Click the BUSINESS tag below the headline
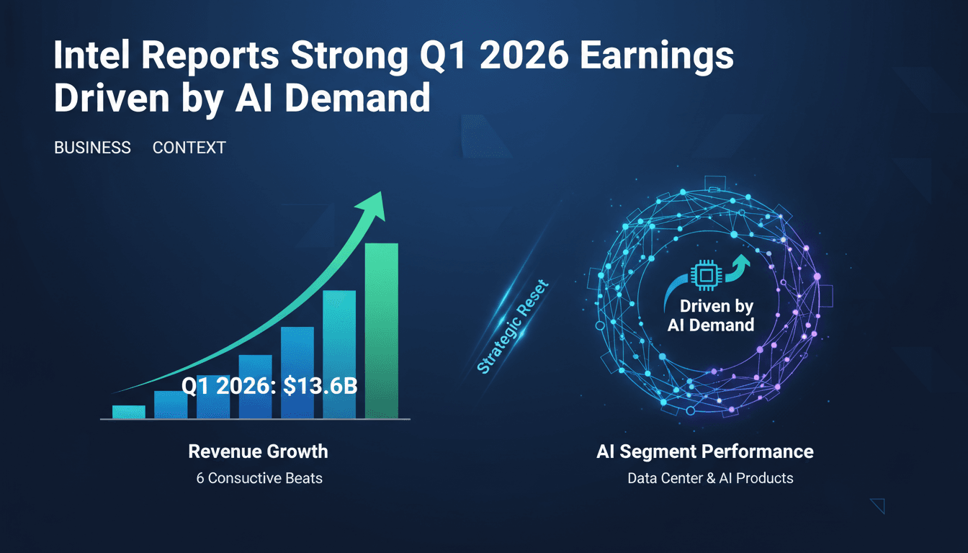tap(92, 148)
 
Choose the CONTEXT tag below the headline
tap(189, 148)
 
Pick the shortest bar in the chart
tap(129, 411)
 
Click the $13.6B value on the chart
tap(320, 386)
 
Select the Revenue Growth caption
tap(258, 451)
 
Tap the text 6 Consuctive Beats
tap(259, 477)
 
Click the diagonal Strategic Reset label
tap(513, 327)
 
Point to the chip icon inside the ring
tap(703, 276)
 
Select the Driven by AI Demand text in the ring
tap(711, 315)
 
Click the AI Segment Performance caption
tap(705, 451)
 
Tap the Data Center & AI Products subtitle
tap(710, 477)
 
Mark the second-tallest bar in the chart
tap(339, 353)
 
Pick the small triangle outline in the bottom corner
tap(878, 505)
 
